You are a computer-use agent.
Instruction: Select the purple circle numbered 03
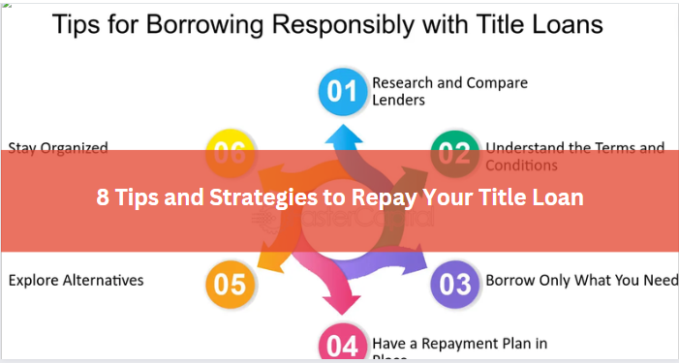[455, 284]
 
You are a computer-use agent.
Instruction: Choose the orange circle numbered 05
[231, 284]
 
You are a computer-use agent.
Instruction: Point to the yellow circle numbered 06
[231, 153]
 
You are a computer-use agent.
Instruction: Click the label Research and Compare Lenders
[449, 91]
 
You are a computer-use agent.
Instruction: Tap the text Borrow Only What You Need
[581, 281]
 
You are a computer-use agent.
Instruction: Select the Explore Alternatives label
[76, 281]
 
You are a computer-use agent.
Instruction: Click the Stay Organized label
[58, 148]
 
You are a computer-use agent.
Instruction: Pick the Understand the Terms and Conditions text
[574, 155]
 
